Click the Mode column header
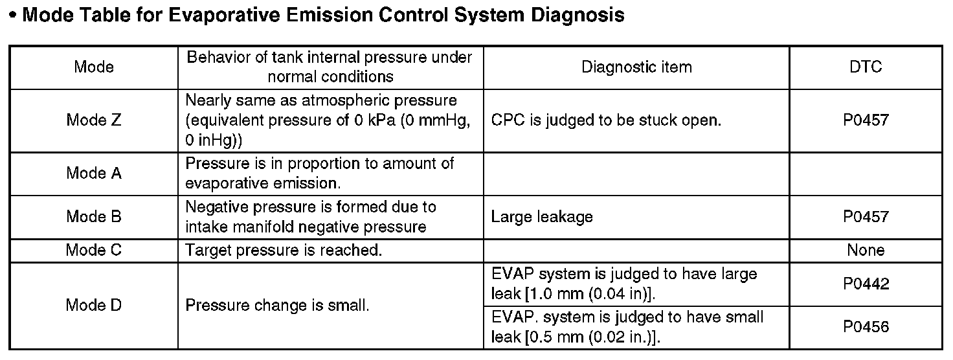tap(94, 67)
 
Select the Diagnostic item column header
tap(636, 67)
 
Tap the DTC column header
tap(866, 67)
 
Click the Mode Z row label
tap(94, 120)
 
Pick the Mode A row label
tap(94, 174)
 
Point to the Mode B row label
tap(94, 216)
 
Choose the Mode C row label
tap(94, 250)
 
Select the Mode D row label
tap(94, 305)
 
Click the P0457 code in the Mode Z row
tap(866, 120)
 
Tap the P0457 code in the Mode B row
tap(866, 216)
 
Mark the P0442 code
tap(866, 284)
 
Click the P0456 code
tap(866, 327)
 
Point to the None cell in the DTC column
tap(866, 250)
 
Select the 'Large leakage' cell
tap(542, 216)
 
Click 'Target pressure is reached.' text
tap(284, 250)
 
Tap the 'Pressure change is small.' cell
tap(277, 305)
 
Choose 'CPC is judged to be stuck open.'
tap(606, 120)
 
